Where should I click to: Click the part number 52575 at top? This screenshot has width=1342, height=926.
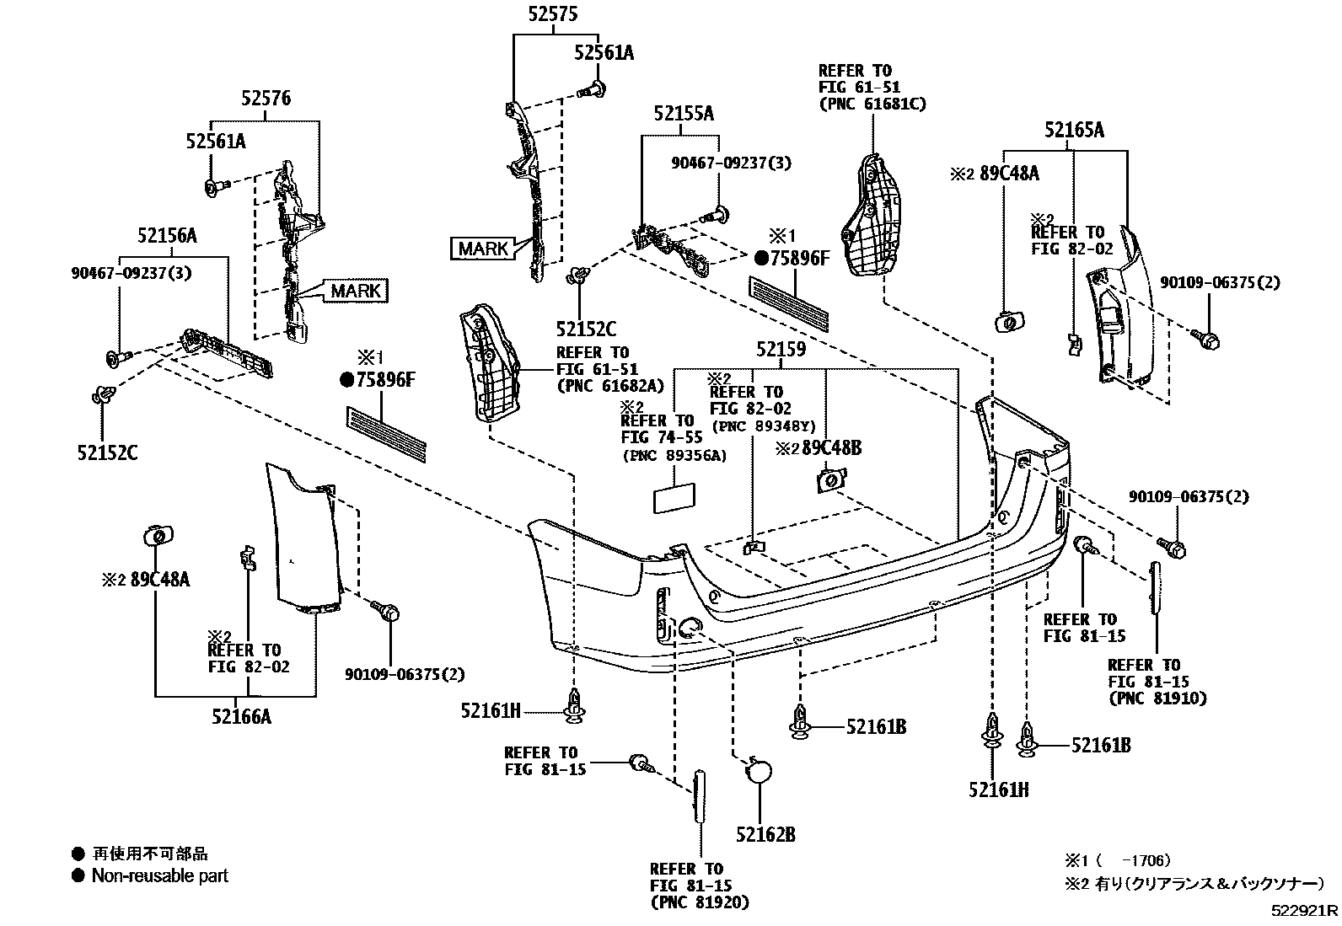(553, 14)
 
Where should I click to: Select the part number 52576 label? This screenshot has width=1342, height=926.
(266, 99)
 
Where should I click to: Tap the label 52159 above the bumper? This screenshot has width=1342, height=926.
(781, 349)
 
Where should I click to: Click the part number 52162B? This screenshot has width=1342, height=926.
(765, 834)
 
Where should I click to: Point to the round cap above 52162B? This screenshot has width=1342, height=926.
(760, 773)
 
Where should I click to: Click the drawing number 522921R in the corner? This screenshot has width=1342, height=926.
(1305, 911)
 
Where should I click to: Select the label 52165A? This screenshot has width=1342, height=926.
(1073, 130)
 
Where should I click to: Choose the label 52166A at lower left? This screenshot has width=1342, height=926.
(242, 716)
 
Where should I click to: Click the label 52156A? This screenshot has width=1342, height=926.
(167, 236)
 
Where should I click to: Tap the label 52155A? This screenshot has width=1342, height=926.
(684, 113)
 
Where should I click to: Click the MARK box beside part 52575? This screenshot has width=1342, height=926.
(483, 249)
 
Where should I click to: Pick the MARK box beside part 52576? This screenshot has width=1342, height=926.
(356, 292)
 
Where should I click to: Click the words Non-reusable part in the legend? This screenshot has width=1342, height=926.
(159, 876)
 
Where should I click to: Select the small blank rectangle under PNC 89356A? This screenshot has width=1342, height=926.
(674, 497)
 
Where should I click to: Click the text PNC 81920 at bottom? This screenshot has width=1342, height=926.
(700, 902)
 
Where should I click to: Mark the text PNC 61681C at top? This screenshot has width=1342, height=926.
(872, 104)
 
